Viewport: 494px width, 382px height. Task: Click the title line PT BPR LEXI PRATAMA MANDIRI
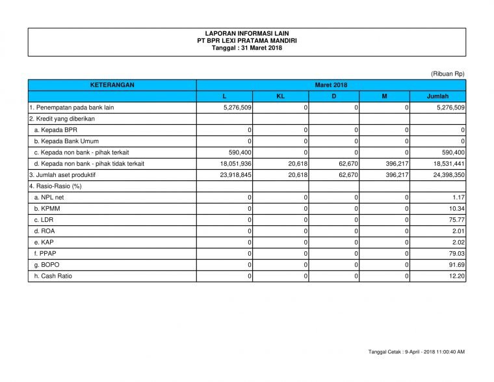point(247,40)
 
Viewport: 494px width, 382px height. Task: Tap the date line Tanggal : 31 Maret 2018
point(247,48)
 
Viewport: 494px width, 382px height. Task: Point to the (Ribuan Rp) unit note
point(447,74)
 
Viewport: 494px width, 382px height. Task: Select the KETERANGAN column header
point(112,85)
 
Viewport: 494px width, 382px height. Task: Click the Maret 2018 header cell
point(331,85)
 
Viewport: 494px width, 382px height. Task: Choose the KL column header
point(280,96)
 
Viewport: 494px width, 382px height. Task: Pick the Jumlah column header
point(437,96)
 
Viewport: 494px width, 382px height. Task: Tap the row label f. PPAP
point(45,253)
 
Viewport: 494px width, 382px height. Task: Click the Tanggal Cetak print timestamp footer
point(416,352)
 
